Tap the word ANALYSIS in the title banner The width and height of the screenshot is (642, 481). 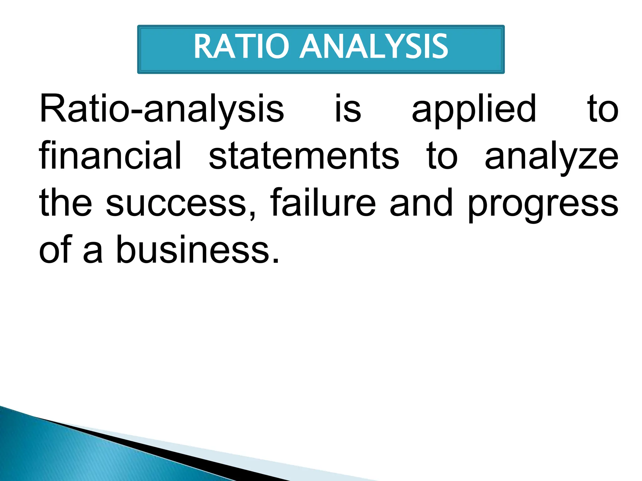point(374,47)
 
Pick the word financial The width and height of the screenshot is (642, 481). point(110,156)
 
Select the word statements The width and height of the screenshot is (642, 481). point(304,156)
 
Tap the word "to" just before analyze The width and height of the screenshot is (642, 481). point(442,156)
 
